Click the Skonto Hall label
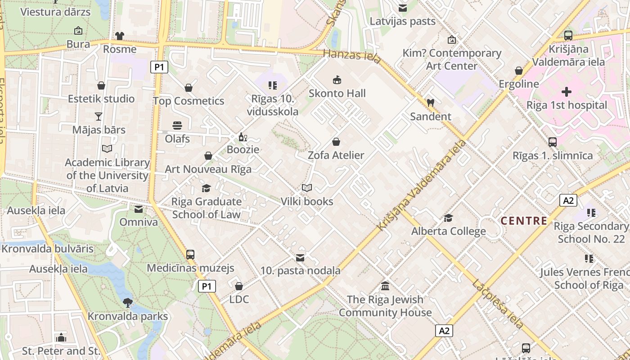click(337, 94)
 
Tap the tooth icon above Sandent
click(430, 103)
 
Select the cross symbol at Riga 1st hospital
click(567, 92)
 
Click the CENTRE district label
click(524, 221)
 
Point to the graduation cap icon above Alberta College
click(448, 218)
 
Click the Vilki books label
click(307, 201)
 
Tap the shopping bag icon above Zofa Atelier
click(336, 142)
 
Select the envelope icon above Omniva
click(139, 209)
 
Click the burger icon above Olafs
click(177, 126)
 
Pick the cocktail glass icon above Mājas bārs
click(99, 117)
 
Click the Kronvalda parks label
click(128, 316)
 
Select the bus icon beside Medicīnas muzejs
click(190, 255)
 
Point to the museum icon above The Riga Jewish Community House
click(385, 286)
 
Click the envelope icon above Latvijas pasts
click(403, 8)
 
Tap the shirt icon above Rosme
click(119, 36)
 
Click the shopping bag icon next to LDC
click(239, 286)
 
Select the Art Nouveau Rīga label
click(208, 169)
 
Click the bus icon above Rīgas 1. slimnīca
click(553, 142)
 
